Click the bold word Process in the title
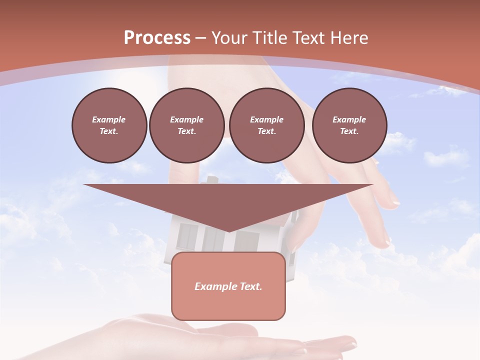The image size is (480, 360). (157, 38)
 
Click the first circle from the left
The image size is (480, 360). (109, 125)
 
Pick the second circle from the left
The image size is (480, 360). (187, 125)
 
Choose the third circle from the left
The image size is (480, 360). (266, 125)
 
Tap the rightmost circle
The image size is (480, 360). (349, 125)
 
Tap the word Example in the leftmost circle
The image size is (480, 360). (109, 119)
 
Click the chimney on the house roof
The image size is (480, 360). (212, 179)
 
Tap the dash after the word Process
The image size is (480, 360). (200, 38)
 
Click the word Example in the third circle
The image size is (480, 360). (266, 119)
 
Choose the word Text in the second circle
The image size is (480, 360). (186, 131)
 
